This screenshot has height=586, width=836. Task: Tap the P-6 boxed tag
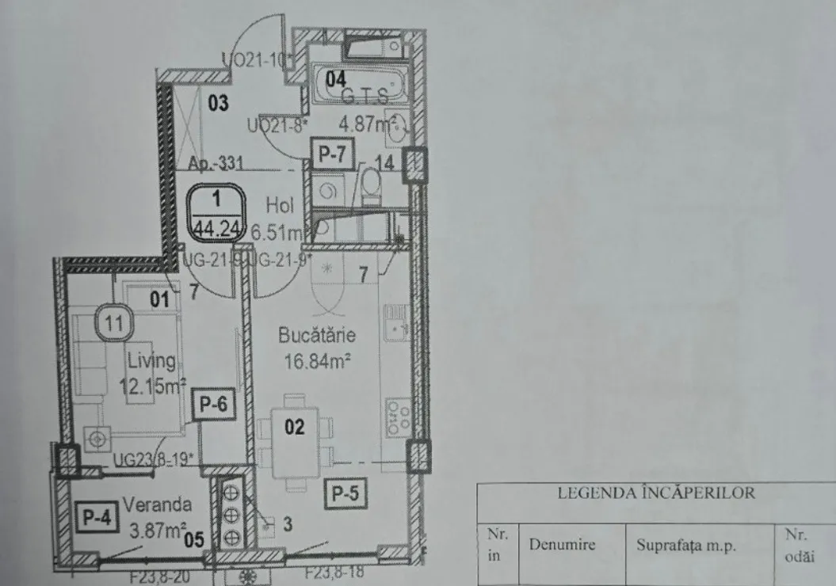[x=215, y=405]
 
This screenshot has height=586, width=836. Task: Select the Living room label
[x=151, y=361]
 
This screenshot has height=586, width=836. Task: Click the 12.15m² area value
[x=151, y=386]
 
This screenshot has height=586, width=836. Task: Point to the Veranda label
[x=157, y=504]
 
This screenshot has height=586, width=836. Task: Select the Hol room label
[x=281, y=205]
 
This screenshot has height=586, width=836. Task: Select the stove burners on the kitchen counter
[x=395, y=417]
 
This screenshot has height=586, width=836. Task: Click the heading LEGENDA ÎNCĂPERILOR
[x=656, y=493]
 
